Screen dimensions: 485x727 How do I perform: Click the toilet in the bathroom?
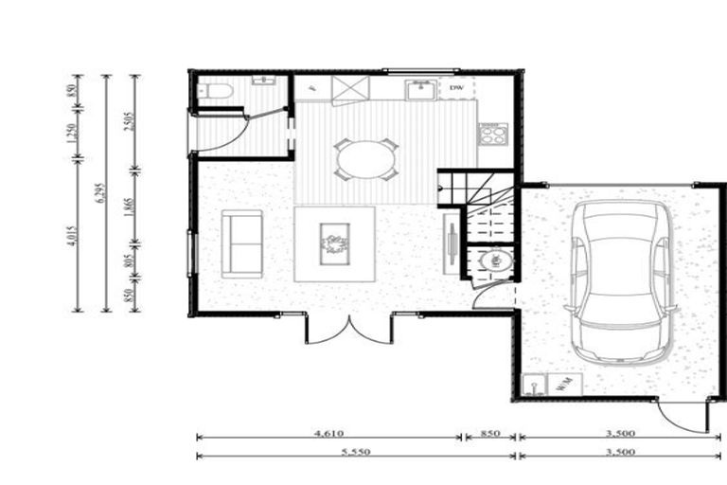(215, 92)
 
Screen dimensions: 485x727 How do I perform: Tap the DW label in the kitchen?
(456, 89)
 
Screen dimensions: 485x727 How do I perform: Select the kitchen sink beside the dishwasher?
(418, 90)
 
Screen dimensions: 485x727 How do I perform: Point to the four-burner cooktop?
(493, 134)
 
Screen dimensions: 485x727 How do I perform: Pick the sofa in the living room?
(242, 244)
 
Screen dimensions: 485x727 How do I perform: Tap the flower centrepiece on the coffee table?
(335, 243)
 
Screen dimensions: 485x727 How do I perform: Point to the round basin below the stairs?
(493, 261)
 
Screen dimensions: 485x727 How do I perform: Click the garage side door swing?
(683, 414)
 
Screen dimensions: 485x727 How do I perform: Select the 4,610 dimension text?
(328, 432)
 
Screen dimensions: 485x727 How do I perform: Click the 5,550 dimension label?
(355, 453)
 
